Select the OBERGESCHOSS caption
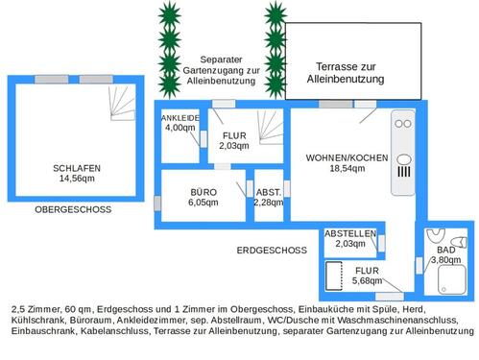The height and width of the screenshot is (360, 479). pos(73,209)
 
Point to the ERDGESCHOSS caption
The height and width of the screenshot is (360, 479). pos(271,250)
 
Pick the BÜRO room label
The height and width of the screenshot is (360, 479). pos(204,192)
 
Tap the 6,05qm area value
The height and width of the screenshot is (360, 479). pos(204,203)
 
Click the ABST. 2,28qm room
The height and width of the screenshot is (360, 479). pos(269,197)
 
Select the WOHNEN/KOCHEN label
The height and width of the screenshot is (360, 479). pos(347,157)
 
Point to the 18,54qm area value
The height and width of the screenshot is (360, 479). pos(347,168)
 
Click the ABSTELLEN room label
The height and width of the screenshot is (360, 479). pos(349,233)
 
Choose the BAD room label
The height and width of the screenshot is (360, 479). pos(446,250)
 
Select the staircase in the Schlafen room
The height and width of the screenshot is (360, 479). pos(122,98)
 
